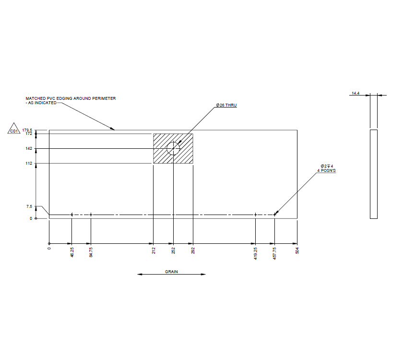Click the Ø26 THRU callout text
226,105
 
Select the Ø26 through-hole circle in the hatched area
173,149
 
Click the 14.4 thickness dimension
356,93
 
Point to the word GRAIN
171,272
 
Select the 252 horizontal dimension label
173,250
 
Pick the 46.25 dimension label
71,253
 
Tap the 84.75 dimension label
91,253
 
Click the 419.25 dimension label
256,253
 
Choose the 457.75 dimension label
275,253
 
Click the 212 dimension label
154,250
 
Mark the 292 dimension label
193,250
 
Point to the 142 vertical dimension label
29,149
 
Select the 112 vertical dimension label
29,164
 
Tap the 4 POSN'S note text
328,170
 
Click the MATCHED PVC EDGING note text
70,98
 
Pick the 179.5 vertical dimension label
27,130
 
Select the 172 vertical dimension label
29,134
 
